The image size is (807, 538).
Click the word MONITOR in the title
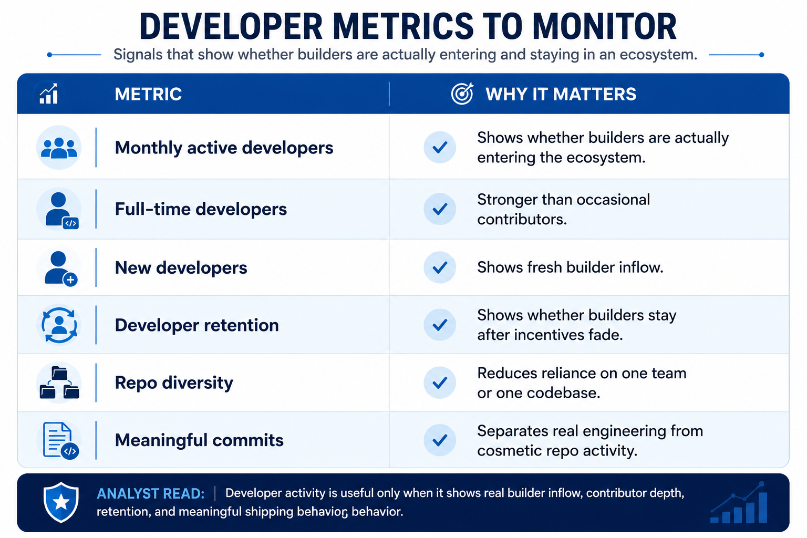[604, 27]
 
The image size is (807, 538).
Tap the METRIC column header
[148, 94]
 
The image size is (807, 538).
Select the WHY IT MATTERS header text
[561, 94]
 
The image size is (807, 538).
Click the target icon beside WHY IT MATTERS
[462, 94]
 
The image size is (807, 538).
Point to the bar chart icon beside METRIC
[49, 94]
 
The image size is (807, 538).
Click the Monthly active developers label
[224, 148]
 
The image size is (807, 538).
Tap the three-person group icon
[59, 148]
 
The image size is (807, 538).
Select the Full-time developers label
[201, 209]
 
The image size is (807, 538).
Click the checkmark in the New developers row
[440, 267]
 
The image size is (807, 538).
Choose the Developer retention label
[196, 325]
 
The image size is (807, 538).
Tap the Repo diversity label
[174, 382]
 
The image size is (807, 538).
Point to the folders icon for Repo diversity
[59, 382]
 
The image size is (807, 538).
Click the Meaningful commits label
[199, 440]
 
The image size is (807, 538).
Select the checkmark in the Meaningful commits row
[440, 440]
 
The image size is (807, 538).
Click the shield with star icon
[61, 502]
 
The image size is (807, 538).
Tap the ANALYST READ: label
[151, 494]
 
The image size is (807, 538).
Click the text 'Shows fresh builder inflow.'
[570, 267]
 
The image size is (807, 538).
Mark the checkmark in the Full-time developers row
[440, 209]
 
